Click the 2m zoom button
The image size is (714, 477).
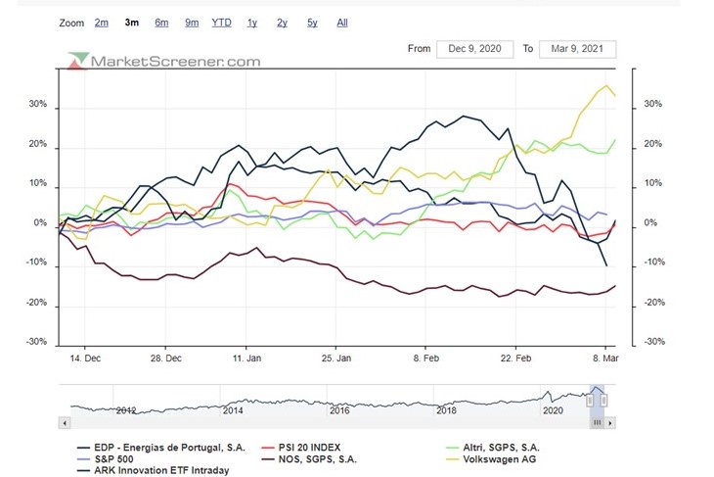(102, 22)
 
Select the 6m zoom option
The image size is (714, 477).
(161, 22)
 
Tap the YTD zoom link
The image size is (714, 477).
(222, 22)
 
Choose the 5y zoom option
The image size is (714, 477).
(311, 22)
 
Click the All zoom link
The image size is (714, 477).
(341, 22)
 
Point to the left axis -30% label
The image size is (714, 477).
(35, 343)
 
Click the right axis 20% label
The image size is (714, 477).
(653, 145)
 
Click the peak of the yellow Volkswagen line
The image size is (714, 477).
(607, 86)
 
